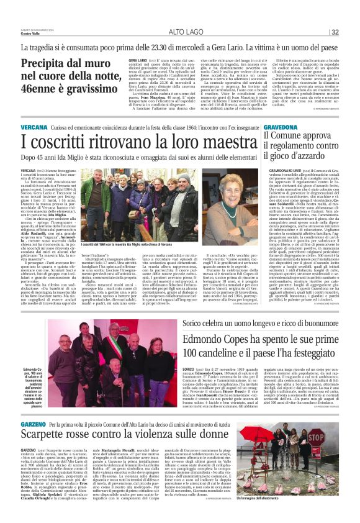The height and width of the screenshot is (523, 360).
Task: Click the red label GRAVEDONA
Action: (x=282, y=125)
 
